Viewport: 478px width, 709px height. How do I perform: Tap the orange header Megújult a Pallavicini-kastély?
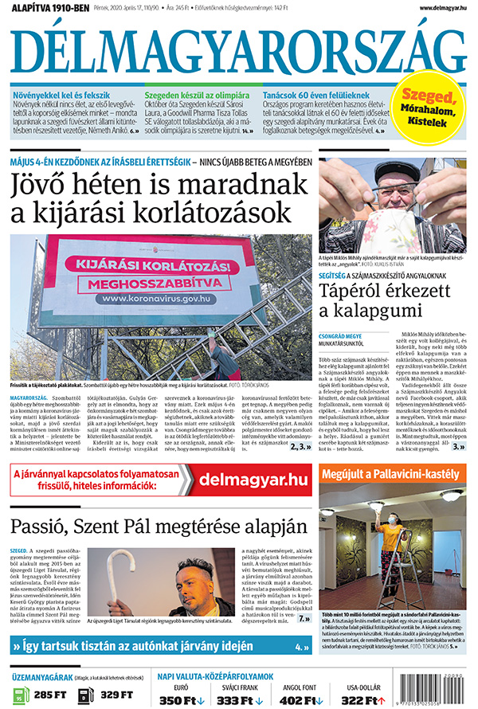pos(390,476)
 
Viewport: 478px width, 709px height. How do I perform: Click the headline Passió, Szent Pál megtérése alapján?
pos(159,526)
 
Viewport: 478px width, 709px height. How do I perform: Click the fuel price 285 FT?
pos(50,695)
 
